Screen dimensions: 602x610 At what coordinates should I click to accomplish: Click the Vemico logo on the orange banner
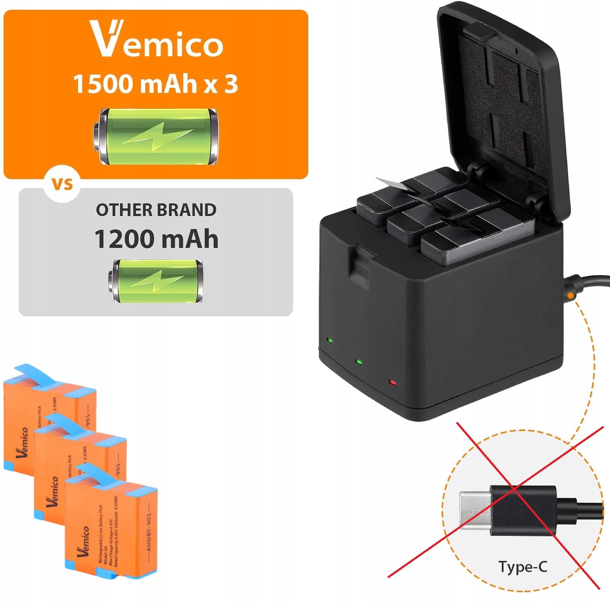[x=156, y=39]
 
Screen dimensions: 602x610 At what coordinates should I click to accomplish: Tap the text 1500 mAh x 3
[x=155, y=84]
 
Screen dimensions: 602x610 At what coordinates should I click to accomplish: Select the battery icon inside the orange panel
[x=156, y=137]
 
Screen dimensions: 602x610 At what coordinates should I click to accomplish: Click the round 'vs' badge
[x=62, y=184]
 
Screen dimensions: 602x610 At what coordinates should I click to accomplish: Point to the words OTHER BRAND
[x=156, y=210]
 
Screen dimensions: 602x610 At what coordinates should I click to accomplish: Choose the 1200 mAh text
[x=156, y=239]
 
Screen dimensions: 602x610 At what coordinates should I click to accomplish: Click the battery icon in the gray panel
[x=156, y=281]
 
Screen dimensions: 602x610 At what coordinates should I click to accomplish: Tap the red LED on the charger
[x=392, y=383]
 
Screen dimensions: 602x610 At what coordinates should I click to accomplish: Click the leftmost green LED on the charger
[x=329, y=340]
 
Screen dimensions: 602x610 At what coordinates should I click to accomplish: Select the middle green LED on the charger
[x=358, y=361]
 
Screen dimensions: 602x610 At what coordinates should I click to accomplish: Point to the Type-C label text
[x=523, y=567]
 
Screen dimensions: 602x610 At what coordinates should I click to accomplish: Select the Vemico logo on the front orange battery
[x=84, y=541]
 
